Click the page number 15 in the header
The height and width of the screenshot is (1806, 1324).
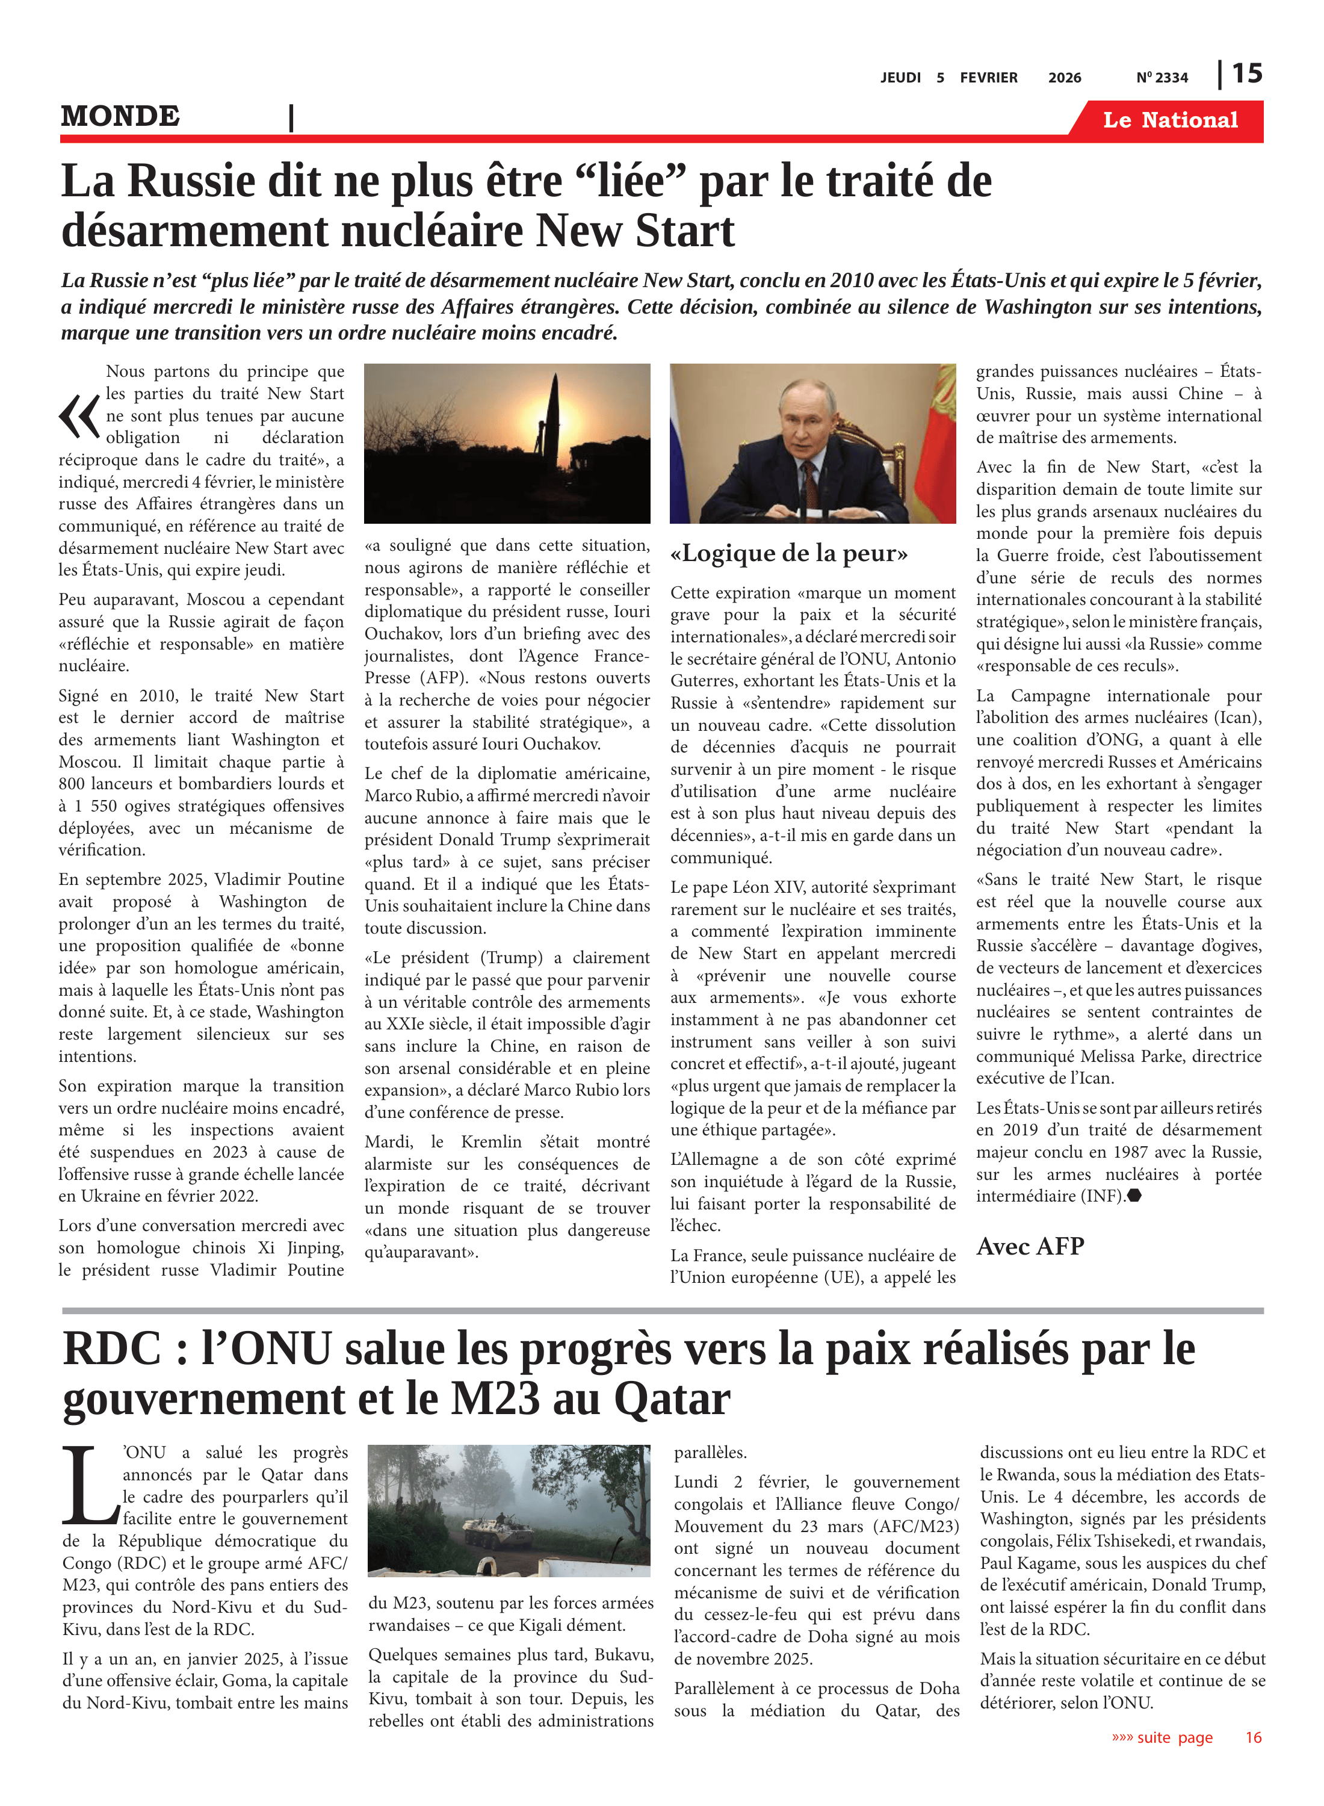tap(1246, 74)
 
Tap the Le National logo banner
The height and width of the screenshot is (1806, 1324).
tap(1170, 120)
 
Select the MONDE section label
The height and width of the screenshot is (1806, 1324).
tap(120, 116)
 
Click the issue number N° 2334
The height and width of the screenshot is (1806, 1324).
tap(1162, 78)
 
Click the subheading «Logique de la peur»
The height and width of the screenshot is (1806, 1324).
tap(790, 553)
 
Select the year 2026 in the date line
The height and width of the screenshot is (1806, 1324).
tap(1065, 78)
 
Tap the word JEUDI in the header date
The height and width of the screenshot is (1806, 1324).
tap(901, 78)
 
